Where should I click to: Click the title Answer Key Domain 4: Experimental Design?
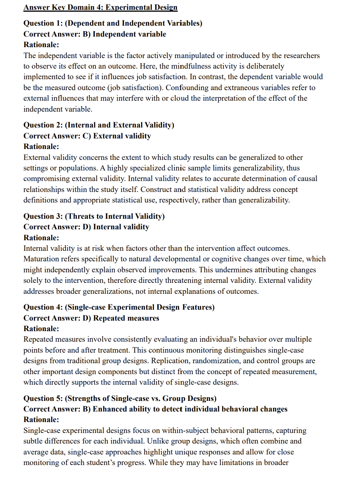(100, 7)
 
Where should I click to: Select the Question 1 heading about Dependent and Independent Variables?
(113, 23)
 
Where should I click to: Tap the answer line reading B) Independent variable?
(95, 34)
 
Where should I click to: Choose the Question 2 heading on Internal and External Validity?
(99, 125)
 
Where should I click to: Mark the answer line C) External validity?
(87, 136)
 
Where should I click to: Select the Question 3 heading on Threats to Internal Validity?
(94, 216)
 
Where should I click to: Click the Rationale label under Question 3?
(41, 238)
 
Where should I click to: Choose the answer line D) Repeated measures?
(91, 318)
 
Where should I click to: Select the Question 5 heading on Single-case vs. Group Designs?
(120, 398)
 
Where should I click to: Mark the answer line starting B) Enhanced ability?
(155, 409)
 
